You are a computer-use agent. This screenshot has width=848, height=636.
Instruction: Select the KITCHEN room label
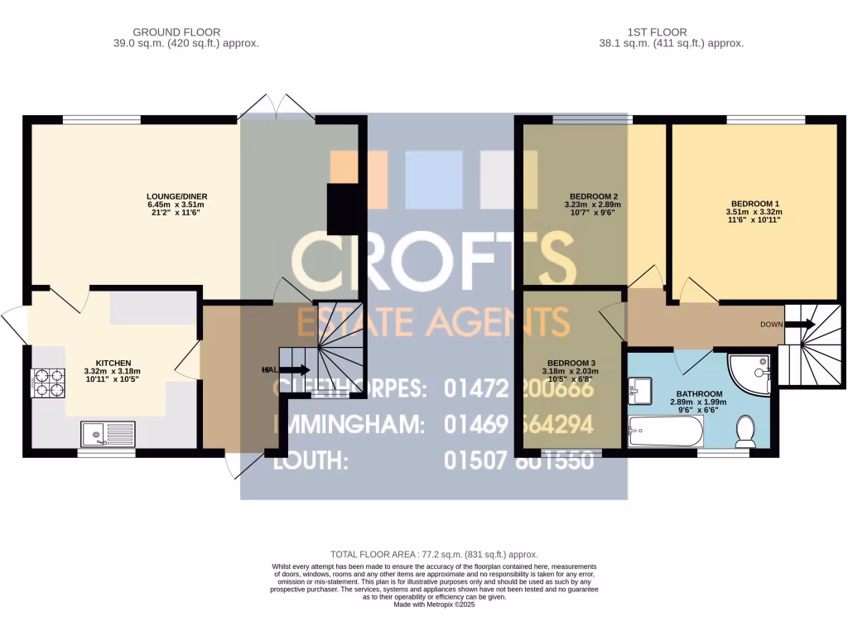click(x=113, y=364)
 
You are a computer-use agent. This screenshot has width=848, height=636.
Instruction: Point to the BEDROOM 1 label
click(x=754, y=203)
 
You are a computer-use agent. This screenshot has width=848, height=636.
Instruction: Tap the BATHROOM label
click(x=699, y=394)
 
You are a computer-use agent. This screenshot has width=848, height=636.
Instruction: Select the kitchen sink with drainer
click(x=108, y=433)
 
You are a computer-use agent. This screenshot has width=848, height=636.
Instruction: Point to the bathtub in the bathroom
click(x=666, y=431)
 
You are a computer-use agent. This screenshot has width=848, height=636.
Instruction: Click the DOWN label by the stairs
click(x=771, y=325)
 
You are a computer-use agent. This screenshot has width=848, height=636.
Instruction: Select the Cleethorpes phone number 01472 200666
click(x=519, y=388)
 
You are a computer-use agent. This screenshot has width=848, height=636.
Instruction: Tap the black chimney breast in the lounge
click(x=341, y=210)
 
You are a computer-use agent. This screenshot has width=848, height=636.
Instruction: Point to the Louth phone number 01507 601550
click(x=519, y=460)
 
